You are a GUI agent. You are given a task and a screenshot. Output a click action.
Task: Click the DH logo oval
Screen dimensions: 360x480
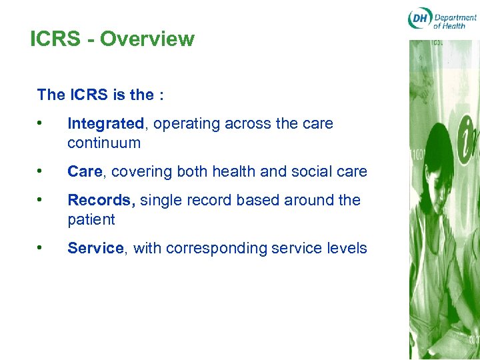(419, 19)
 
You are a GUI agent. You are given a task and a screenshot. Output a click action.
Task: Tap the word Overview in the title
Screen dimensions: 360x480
(147, 39)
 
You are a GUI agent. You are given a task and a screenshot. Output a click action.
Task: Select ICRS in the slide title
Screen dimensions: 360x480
(55, 39)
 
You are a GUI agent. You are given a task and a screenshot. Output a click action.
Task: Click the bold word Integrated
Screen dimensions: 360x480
(105, 124)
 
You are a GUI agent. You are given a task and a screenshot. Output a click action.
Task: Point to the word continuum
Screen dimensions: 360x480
(104, 143)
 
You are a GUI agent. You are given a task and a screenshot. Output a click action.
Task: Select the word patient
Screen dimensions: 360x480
(91, 219)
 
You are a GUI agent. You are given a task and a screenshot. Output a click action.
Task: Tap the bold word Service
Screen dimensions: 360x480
(95, 248)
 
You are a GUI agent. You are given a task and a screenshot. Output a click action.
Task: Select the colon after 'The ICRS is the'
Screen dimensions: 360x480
(161, 95)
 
